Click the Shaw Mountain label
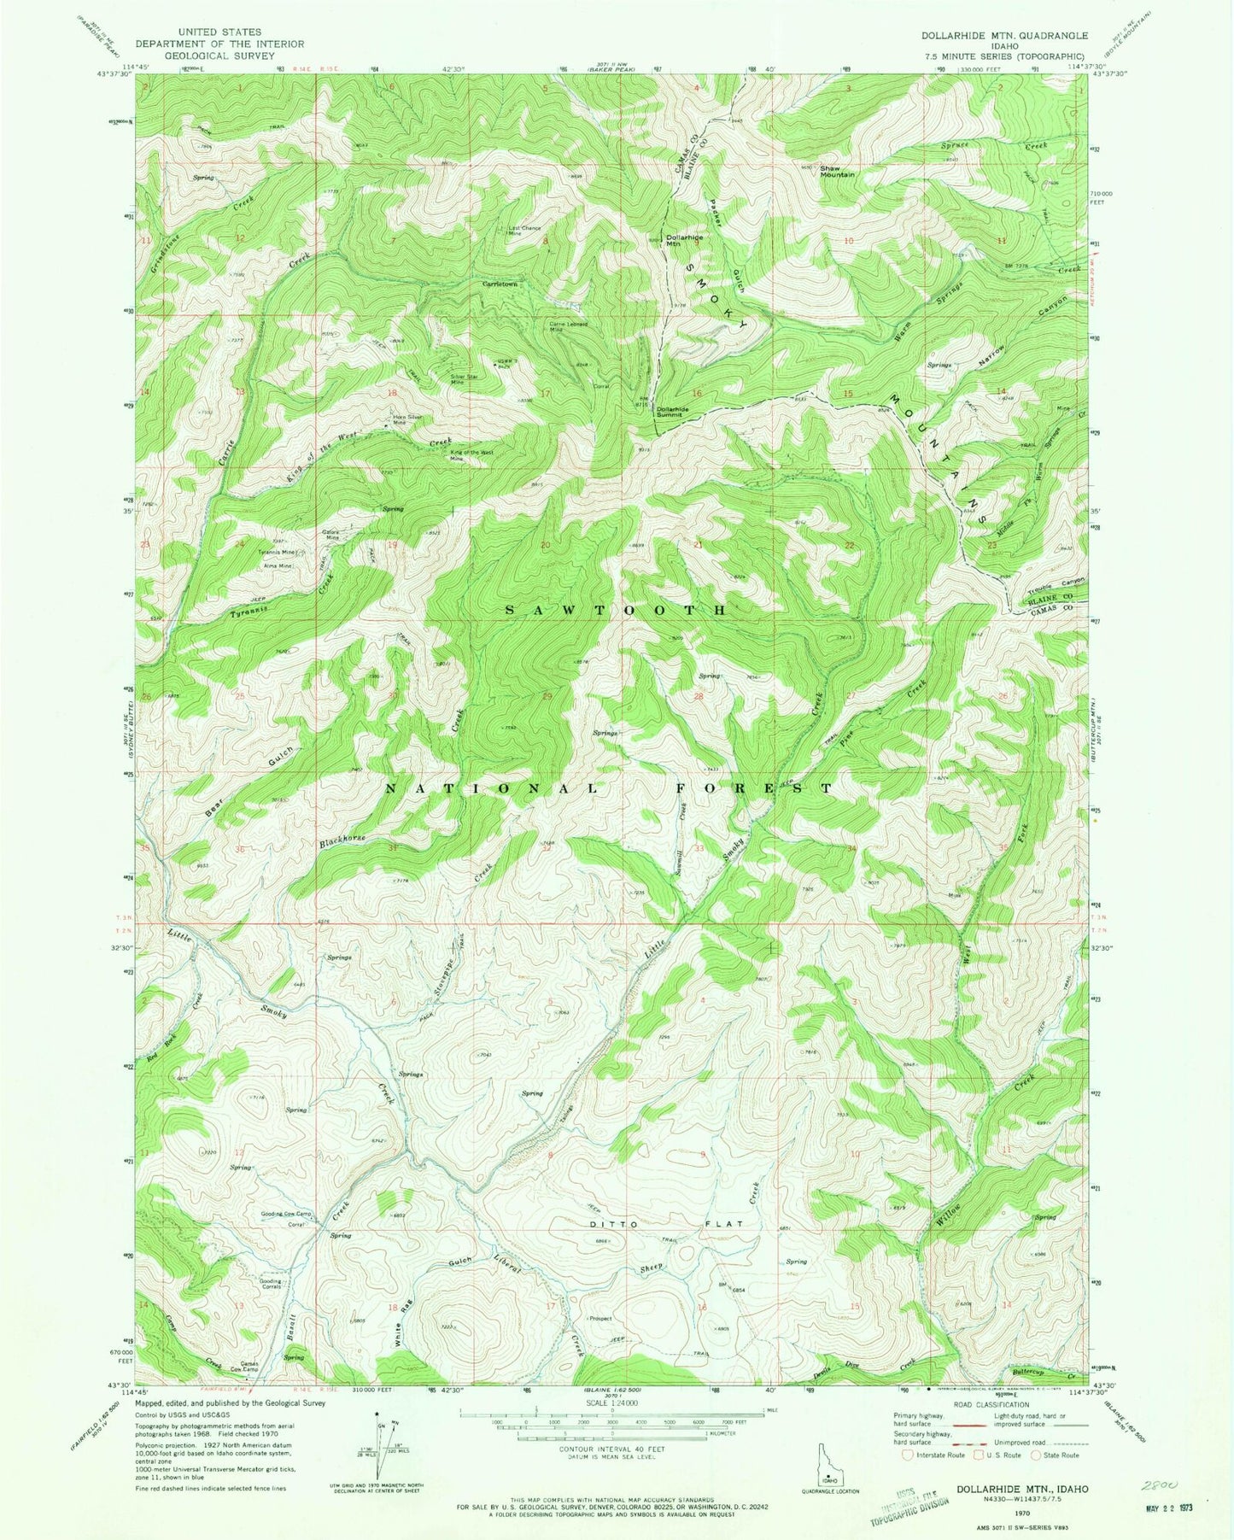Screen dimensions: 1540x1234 [x=837, y=171]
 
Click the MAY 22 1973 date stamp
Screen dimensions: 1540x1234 [x=1167, y=1509]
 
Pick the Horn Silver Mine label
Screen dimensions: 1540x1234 [x=407, y=419]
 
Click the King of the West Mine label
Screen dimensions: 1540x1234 [x=468, y=454]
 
